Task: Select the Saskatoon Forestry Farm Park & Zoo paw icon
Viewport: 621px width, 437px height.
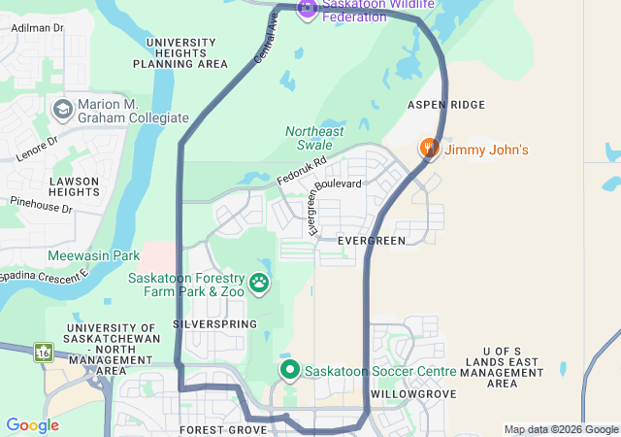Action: pyautogui.click(x=259, y=283)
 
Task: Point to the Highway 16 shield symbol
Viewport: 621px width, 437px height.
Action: pyautogui.click(x=43, y=353)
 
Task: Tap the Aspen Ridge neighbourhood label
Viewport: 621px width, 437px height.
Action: pyautogui.click(x=446, y=104)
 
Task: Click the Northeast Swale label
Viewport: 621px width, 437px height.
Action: pyautogui.click(x=314, y=138)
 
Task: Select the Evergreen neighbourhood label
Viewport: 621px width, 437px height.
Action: pyautogui.click(x=371, y=240)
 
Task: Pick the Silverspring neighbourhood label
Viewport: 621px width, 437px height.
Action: pyautogui.click(x=214, y=323)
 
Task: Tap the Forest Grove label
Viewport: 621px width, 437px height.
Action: pyautogui.click(x=223, y=428)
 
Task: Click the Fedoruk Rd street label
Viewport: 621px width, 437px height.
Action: pyautogui.click(x=302, y=172)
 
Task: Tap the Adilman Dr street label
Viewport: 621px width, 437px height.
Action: pyautogui.click(x=37, y=28)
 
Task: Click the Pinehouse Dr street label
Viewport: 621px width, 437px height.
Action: pyautogui.click(x=41, y=207)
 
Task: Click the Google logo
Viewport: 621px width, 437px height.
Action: pyautogui.click(x=32, y=425)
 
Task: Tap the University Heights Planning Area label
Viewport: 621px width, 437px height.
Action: pyautogui.click(x=180, y=53)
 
